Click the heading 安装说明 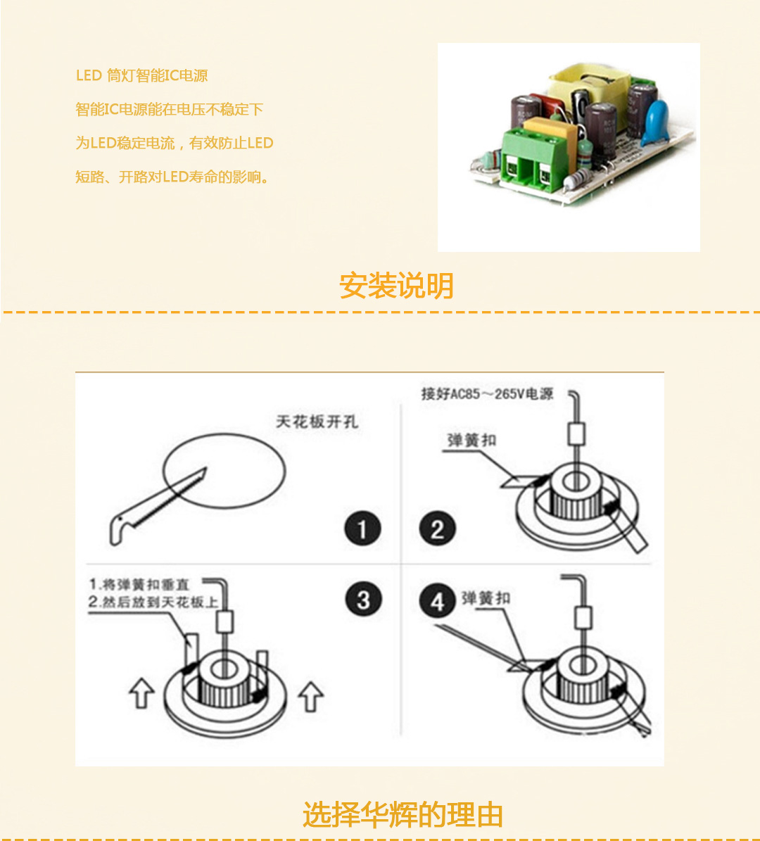point(396,286)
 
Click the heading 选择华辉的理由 point(403,814)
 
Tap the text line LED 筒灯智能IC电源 point(141,76)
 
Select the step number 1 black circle point(362,529)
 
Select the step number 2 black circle point(437,529)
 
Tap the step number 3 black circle point(363,600)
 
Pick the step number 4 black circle point(437,602)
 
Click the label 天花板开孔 point(317,422)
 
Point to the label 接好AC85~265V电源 point(487,394)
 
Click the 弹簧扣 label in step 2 point(471,441)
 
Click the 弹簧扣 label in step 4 point(486,599)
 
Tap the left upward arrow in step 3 point(141,693)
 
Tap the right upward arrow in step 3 point(310,696)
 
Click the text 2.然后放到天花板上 point(153,602)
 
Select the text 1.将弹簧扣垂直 point(139,585)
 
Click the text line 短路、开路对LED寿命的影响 point(172,177)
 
